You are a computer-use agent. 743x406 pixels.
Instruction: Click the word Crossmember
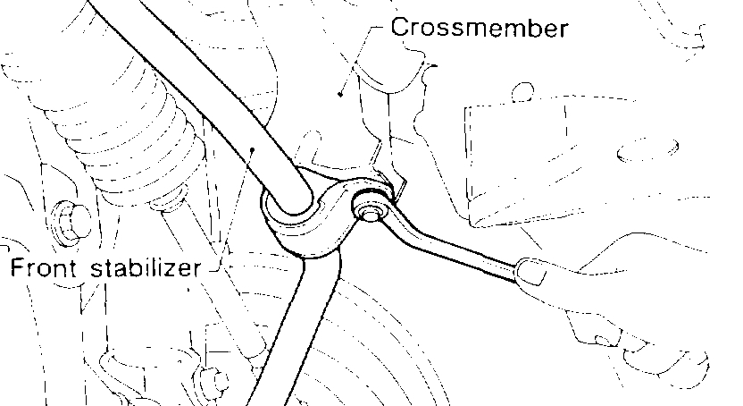coord(480,28)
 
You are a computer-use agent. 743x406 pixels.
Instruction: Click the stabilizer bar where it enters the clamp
coord(287,198)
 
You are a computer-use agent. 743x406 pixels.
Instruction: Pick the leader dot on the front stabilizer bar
coord(254,151)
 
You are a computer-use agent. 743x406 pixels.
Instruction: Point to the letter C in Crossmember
coord(400,28)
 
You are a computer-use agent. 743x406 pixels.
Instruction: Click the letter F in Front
coord(15,267)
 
